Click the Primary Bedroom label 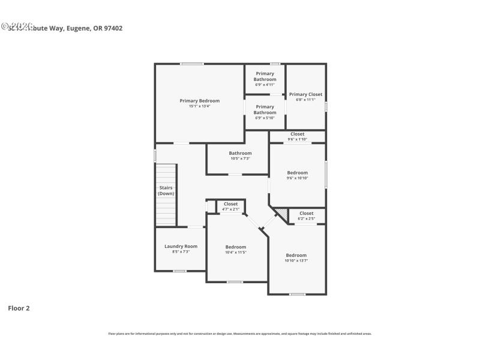[x=199, y=101]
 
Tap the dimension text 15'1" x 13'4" [x=199, y=106]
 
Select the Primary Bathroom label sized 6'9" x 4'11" [x=265, y=76]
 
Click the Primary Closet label [x=305, y=94]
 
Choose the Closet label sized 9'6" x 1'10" [x=297, y=134]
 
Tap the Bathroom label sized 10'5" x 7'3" [x=240, y=153]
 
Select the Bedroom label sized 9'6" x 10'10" [x=297, y=173]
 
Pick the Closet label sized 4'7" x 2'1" [x=230, y=204]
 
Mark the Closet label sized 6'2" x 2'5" [x=306, y=213]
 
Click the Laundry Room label [x=181, y=246]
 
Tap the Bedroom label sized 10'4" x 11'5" [x=236, y=247]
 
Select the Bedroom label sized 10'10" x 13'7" [x=296, y=255]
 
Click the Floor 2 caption [x=19, y=308]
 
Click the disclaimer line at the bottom [x=240, y=334]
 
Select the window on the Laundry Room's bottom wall [x=179, y=271]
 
